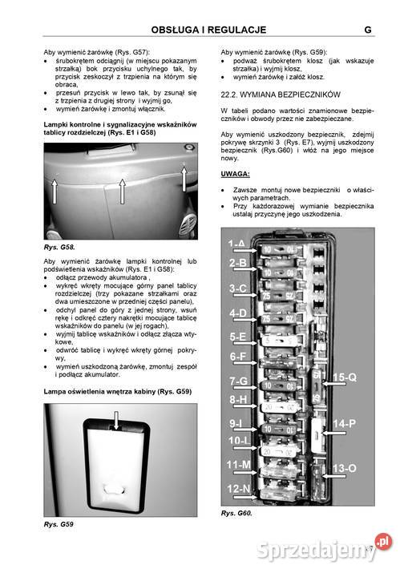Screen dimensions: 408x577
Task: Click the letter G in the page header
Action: coord(366,30)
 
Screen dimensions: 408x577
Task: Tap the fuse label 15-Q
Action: coord(345,377)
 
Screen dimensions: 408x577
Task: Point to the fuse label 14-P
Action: coord(345,422)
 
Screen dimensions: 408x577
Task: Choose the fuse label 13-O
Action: coord(345,468)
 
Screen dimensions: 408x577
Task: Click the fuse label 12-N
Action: coord(238,488)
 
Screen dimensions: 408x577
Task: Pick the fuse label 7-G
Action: coord(237,381)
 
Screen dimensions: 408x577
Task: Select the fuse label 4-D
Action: coord(237,313)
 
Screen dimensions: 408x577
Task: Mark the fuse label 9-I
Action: coord(236,422)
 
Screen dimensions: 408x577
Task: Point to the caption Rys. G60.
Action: coord(236,513)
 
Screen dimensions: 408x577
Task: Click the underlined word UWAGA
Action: coord(235,173)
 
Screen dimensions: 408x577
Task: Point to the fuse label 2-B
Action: coord(237,263)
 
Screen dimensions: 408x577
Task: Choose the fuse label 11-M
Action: coord(238,465)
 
